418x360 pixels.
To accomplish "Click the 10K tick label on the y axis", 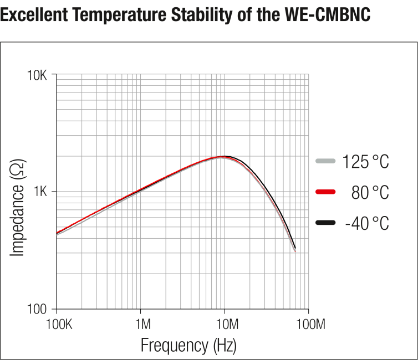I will point(38,75).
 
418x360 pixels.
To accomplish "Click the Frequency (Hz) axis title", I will point(188,345).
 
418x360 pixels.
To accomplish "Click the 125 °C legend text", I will point(365,162).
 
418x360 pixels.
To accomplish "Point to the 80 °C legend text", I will point(370,192).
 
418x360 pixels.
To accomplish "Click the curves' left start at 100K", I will point(57,234).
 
